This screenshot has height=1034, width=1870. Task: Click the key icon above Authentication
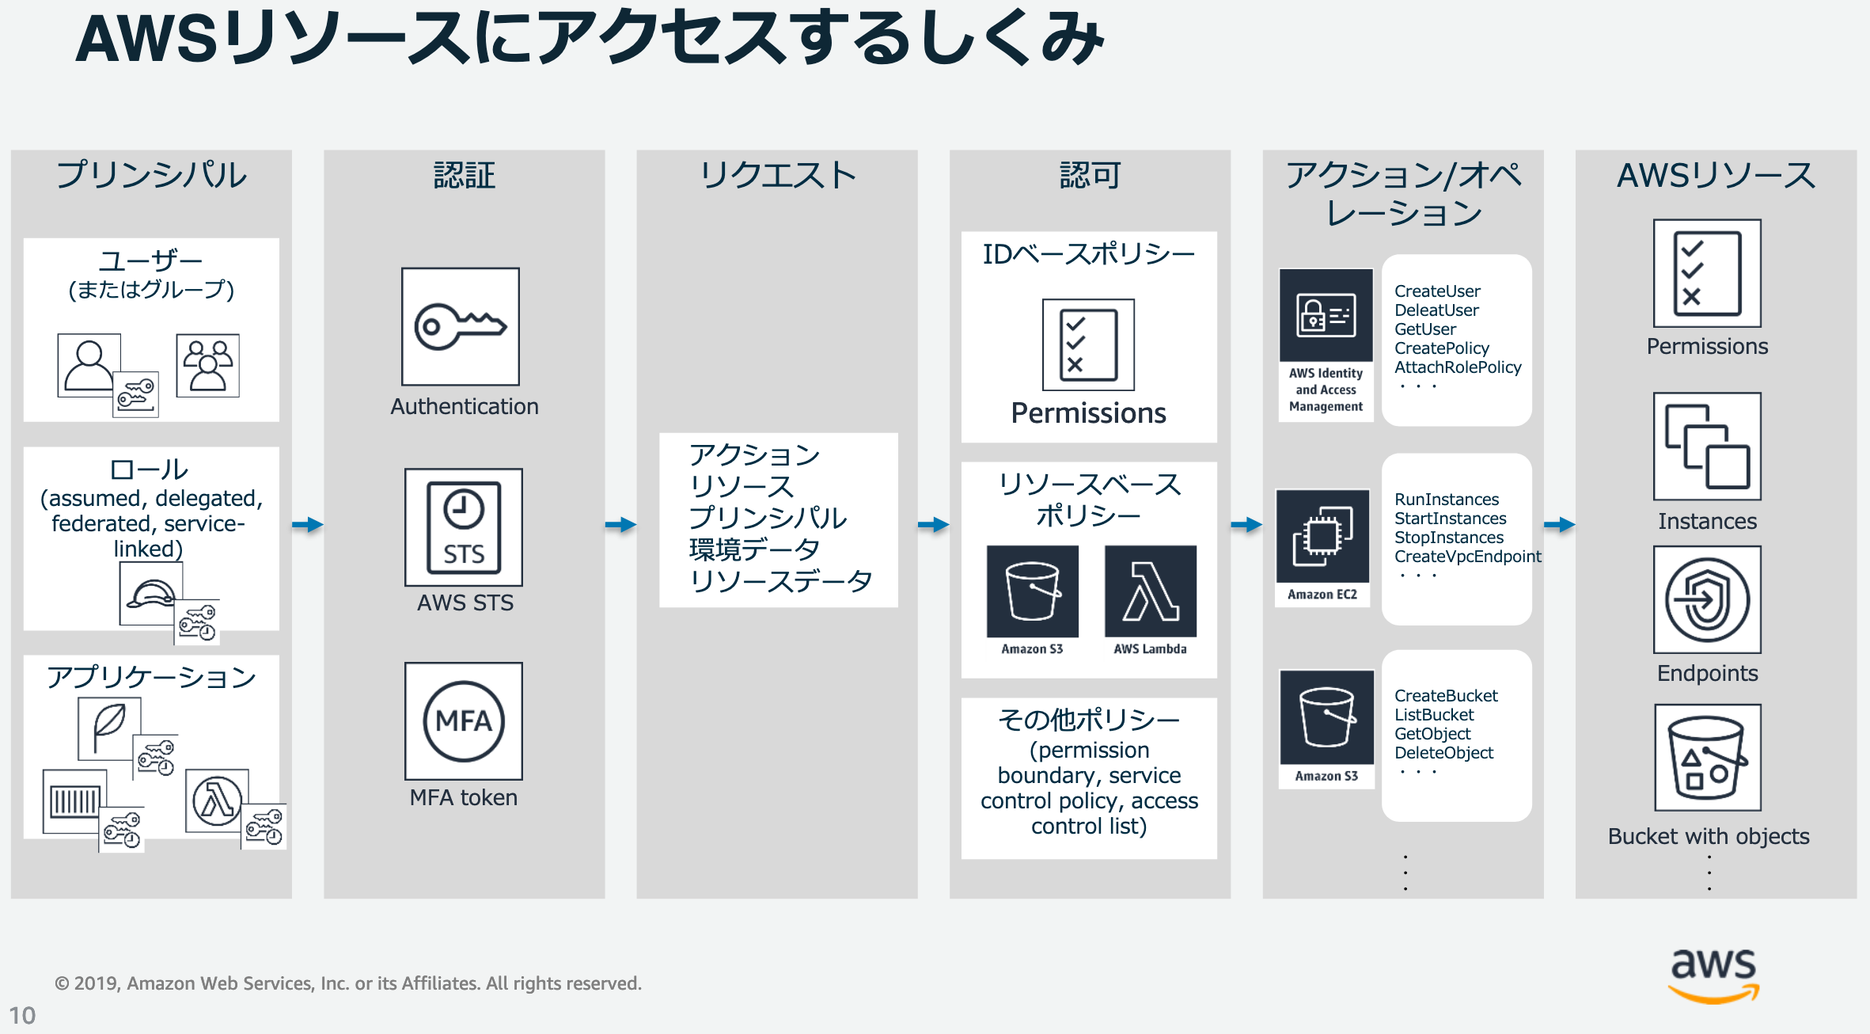[x=461, y=326]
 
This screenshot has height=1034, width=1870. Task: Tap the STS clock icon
[x=464, y=527]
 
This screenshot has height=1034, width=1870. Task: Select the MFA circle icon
[x=464, y=720]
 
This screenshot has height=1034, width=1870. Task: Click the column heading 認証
[x=465, y=175]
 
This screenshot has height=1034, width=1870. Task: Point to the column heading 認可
[x=1090, y=175]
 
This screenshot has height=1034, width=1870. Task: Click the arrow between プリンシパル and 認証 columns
[x=308, y=524]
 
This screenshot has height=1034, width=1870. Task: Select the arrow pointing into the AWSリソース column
[x=1560, y=524]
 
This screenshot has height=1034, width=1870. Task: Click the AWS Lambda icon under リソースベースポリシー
[x=1151, y=591]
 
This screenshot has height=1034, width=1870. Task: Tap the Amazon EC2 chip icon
[x=1322, y=538]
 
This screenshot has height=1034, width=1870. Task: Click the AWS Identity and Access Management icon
[x=1326, y=316]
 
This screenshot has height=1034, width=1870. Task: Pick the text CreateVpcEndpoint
[x=1467, y=557]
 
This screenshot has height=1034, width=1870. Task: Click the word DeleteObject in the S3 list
[x=1443, y=753]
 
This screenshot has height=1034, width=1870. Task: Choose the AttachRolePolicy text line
[x=1458, y=367]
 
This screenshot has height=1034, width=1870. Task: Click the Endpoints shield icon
[x=1707, y=599]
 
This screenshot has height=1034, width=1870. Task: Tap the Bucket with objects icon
[x=1707, y=758]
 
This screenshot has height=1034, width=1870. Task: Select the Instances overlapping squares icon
[x=1707, y=447]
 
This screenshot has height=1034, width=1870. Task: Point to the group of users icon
[x=207, y=365]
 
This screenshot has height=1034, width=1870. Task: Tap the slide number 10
[x=22, y=1015]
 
